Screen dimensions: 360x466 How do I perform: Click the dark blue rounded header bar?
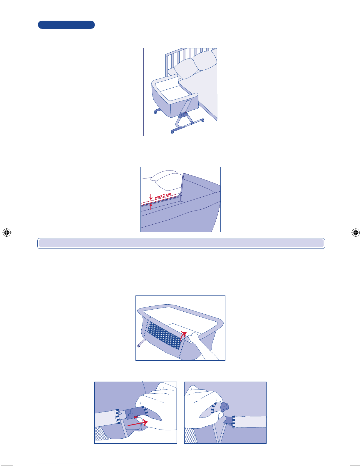coord(66,25)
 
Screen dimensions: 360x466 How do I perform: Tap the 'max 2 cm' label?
coord(163,195)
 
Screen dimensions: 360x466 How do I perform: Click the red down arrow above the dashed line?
coord(151,197)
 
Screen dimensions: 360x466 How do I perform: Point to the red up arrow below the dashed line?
coord(151,206)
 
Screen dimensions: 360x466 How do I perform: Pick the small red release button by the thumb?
coord(136,417)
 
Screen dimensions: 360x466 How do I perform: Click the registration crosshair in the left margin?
coord(7,232)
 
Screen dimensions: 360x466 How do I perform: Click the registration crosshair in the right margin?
coord(355,232)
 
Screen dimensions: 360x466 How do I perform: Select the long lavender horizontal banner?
coord(181,243)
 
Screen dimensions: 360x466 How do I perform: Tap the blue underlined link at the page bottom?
coord(58,463)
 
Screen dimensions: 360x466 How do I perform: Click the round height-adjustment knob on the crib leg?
coord(185,115)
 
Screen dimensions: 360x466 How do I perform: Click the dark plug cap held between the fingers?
coord(224,407)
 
